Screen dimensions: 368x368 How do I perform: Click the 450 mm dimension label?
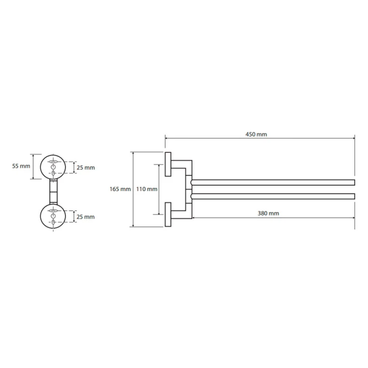pos(256,134)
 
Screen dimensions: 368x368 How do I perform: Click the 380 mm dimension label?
pos(268,213)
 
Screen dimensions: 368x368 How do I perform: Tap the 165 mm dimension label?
pos(120,189)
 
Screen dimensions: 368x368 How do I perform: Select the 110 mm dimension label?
pos(147,189)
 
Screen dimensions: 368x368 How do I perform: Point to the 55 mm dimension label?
pos(21,166)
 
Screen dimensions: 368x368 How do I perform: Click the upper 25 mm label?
pos(86,168)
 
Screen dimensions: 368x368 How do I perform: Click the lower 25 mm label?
pos(86,217)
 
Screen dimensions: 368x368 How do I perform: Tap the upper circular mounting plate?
pos(40,167)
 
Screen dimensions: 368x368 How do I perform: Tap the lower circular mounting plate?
pos(40,216)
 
